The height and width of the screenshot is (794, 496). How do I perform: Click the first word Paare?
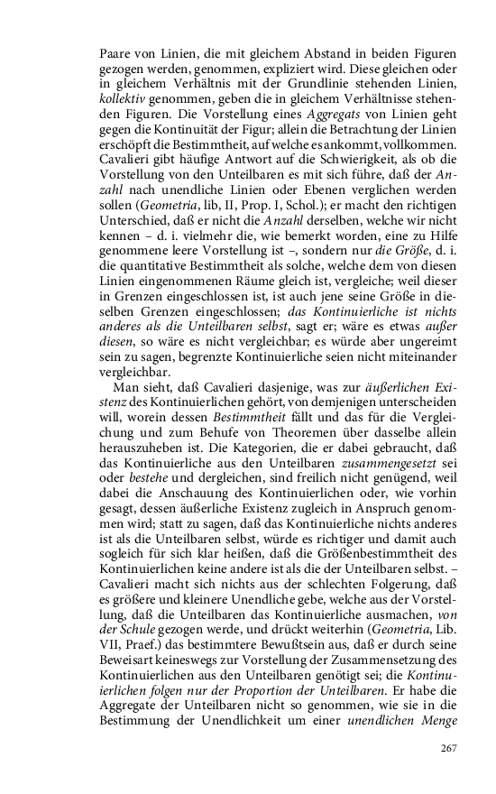pos(116,54)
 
